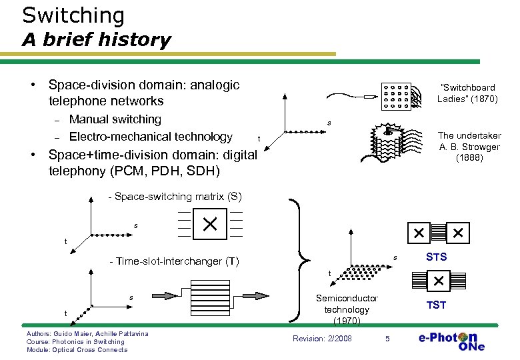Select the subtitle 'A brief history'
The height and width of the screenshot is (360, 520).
coord(96,40)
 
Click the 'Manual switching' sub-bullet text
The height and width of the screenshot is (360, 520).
coord(115,119)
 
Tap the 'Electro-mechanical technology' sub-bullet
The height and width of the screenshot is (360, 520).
coord(151,137)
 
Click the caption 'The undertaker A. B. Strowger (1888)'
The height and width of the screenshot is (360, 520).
coord(469,147)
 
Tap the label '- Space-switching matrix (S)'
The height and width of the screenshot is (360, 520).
coord(175,197)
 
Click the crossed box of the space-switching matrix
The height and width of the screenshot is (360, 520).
coord(210,223)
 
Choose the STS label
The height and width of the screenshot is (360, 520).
coord(436,257)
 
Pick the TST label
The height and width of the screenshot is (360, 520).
coord(436,305)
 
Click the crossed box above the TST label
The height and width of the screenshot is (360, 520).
coord(438,281)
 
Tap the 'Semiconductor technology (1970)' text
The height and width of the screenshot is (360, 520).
coord(347,309)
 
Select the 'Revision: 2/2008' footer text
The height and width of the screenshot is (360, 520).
coord(322,339)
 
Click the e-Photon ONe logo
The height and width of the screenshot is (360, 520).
coord(451,340)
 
